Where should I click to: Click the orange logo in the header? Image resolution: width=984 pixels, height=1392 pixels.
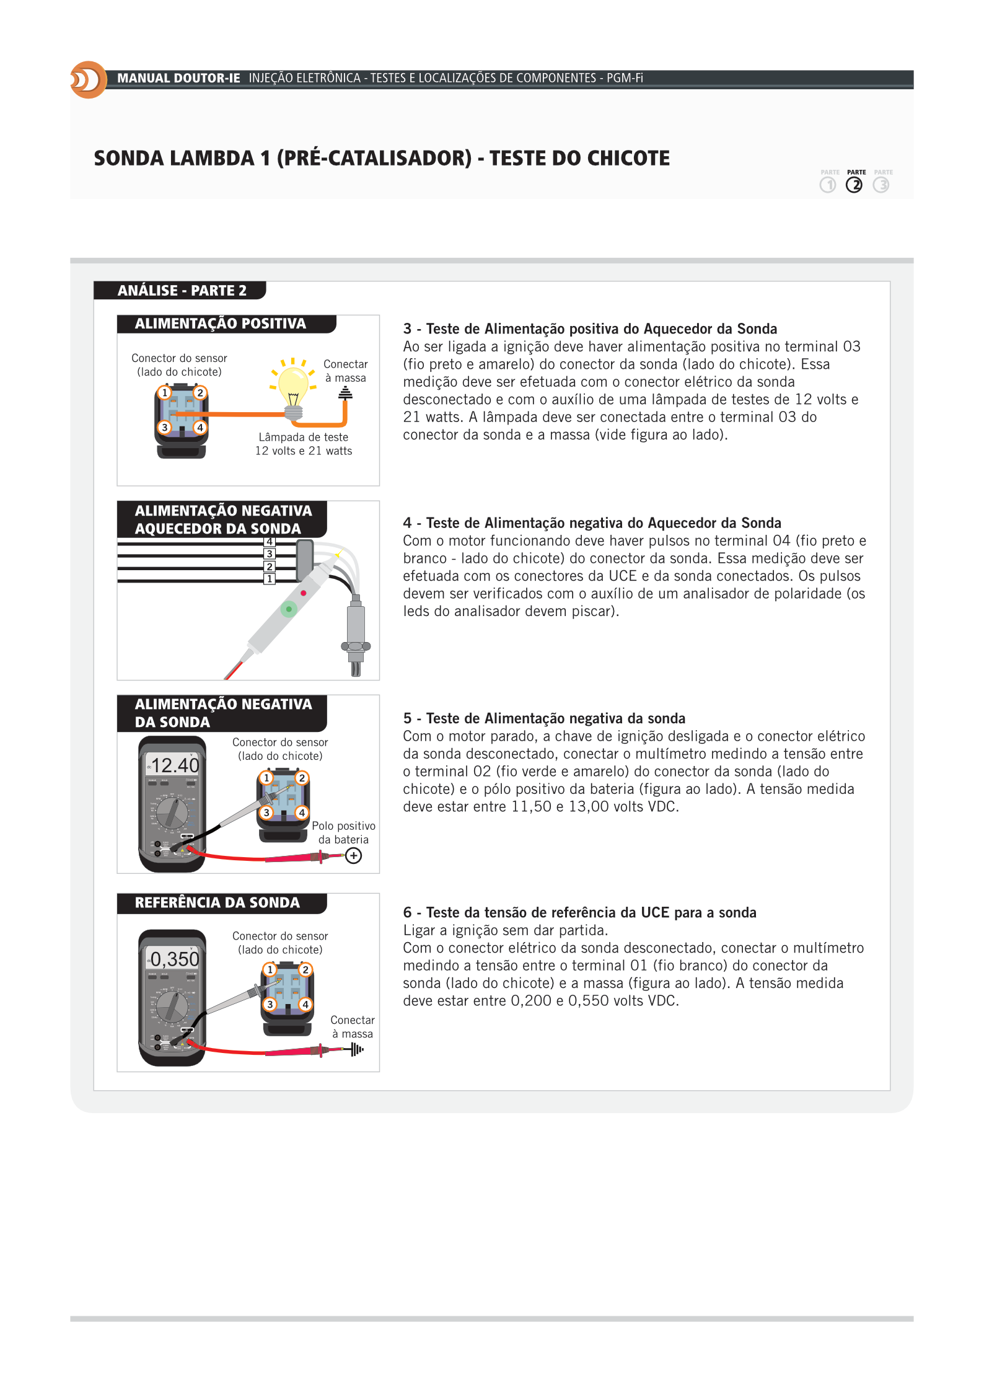click(88, 80)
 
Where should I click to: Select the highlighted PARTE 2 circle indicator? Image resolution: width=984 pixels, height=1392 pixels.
click(854, 185)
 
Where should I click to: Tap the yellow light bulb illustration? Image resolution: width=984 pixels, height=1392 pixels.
click(293, 384)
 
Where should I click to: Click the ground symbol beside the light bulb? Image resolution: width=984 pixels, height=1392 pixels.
click(345, 393)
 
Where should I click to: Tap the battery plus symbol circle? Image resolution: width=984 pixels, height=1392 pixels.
click(354, 856)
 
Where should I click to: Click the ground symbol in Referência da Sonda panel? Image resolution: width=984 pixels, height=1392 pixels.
click(356, 1049)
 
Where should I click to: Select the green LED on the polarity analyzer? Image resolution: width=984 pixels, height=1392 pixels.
click(289, 609)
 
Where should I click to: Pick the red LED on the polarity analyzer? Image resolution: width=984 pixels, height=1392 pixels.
click(304, 593)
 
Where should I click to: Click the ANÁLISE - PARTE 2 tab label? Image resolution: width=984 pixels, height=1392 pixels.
click(182, 291)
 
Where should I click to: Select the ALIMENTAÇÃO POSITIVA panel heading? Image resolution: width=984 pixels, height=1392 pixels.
click(220, 324)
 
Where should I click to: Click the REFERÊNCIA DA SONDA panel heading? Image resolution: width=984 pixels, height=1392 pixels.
click(217, 902)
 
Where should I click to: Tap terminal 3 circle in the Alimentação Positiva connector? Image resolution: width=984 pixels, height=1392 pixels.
click(164, 427)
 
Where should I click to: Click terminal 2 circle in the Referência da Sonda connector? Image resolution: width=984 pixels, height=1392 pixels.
click(305, 970)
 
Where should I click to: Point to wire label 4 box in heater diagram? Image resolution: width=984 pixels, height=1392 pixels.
click(270, 542)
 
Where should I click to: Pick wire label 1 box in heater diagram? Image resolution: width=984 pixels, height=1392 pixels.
click(270, 579)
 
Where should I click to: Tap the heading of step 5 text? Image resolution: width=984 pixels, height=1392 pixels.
click(544, 718)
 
